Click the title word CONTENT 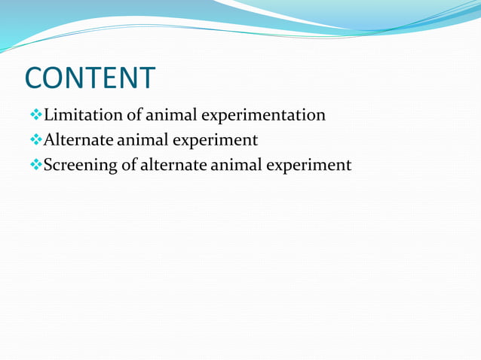pos(90,78)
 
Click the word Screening pos(80,165)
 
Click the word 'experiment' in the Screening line pos(313,166)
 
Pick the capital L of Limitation pos(49,115)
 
